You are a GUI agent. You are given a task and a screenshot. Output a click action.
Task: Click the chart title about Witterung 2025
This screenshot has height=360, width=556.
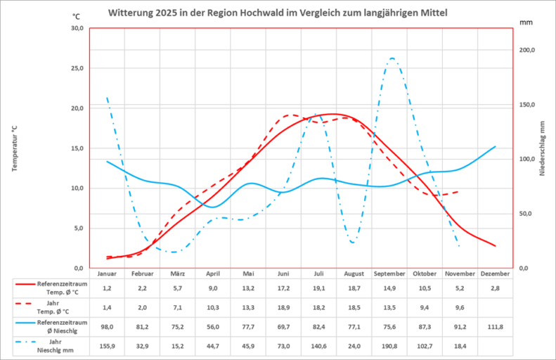278,13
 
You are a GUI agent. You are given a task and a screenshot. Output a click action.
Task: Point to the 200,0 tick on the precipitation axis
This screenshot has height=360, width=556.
526,51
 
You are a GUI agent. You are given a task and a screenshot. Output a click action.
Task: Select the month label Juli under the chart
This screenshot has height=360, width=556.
319,274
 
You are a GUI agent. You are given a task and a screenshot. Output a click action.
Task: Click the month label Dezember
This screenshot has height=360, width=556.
496,274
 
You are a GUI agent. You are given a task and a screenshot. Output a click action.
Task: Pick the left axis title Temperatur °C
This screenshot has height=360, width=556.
14,148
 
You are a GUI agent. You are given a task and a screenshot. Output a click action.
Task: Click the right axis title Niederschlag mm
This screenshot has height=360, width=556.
542,148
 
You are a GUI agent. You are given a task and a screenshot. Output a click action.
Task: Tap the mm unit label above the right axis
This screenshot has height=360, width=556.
526,22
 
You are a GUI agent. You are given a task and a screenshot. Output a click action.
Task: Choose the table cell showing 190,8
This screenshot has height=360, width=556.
389,347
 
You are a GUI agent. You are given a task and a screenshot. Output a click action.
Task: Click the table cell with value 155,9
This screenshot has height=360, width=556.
107,347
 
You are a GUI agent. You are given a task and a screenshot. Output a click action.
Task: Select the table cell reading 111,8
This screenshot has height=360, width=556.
496,327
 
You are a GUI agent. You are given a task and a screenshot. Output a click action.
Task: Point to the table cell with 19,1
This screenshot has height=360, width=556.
319,288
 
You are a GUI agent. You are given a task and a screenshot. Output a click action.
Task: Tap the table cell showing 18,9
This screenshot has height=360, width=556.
283,307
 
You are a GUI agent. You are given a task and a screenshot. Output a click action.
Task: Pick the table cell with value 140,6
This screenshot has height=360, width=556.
319,347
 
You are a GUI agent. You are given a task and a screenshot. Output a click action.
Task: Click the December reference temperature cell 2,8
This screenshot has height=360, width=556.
496,288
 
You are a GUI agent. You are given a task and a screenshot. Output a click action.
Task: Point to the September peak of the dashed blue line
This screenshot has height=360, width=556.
392,59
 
